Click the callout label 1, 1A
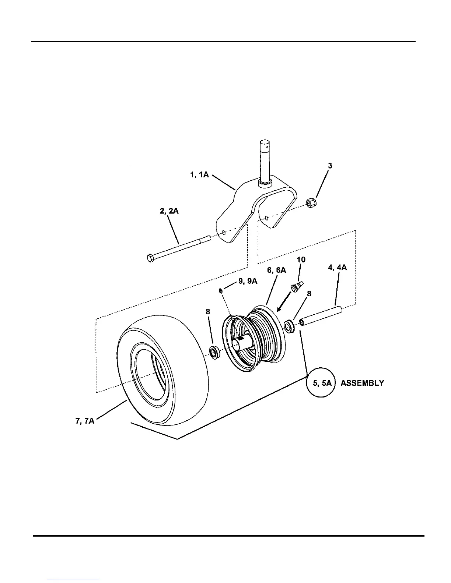199,175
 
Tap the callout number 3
330,166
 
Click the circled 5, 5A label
320,383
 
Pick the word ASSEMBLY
362,383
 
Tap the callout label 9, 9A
248,282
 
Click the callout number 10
301,260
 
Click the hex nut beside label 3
310,202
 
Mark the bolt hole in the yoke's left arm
224,232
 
